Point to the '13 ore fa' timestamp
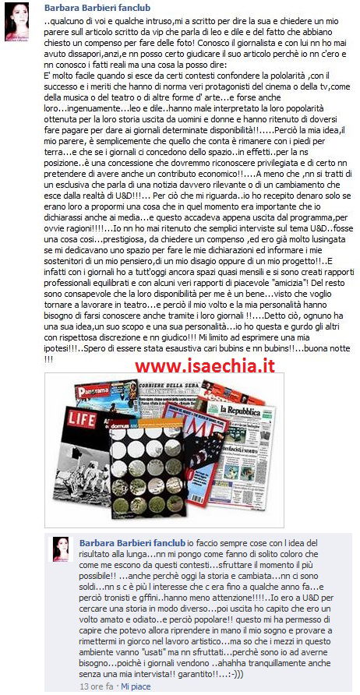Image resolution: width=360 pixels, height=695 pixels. tap(97, 686)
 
